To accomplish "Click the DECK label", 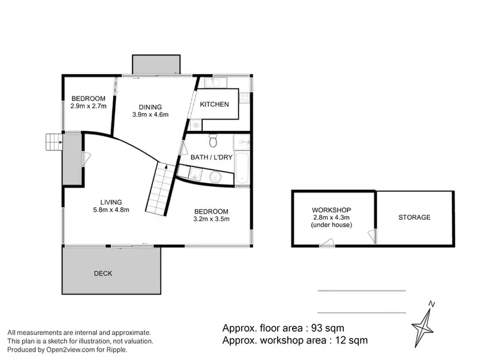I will tap(102, 273).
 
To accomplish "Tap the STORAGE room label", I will tap(414, 217).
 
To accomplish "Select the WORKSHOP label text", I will tap(331, 210).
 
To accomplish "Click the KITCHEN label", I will tap(214, 104).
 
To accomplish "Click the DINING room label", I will tap(148, 107).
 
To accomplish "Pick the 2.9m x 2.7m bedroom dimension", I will tap(88, 107).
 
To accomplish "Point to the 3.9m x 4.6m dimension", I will tap(150, 115).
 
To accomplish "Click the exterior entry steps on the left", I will tap(53, 142).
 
